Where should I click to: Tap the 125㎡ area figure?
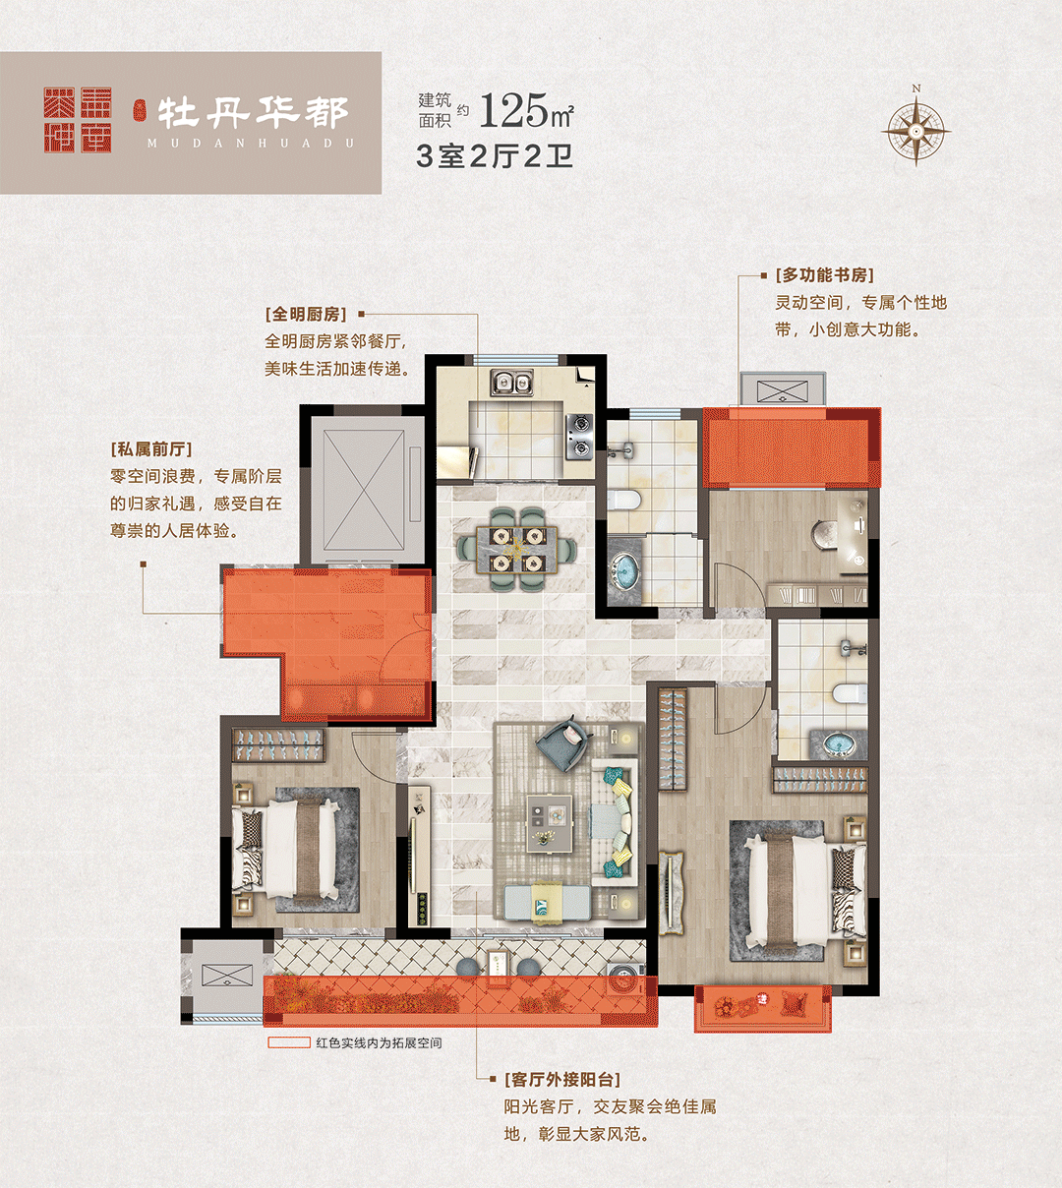pyautogui.click(x=527, y=110)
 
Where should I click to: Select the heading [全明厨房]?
pyautogui.click(x=306, y=315)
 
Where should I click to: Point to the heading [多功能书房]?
pyautogui.click(x=824, y=275)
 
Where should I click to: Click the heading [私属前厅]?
pyautogui.click(x=151, y=449)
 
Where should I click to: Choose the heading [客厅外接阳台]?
pyautogui.click(x=562, y=1080)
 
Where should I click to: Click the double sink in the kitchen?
pyautogui.click(x=512, y=383)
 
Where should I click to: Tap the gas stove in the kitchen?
pyautogui.click(x=579, y=437)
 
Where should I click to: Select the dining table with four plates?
pyautogui.click(x=516, y=550)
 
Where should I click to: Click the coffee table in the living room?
pyautogui.click(x=549, y=823)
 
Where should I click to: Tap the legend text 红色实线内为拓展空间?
pyautogui.click(x=379, y=1042)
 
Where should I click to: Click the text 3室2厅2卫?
pyautogui.click(x=495, y=156)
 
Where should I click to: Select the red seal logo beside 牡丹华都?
pyautogui.click(x=78, y=120)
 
